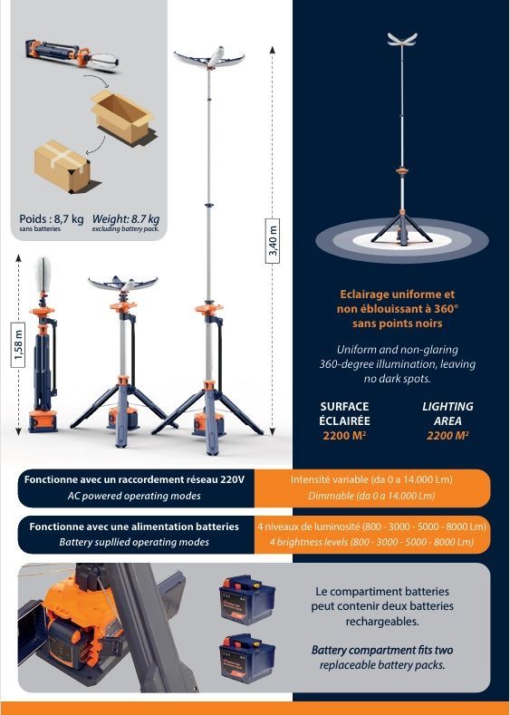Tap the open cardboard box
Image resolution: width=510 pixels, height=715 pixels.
[120, 114]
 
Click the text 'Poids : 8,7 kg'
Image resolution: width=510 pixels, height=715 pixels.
[51, 218]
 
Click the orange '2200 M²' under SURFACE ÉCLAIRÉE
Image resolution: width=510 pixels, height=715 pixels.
[344, 435]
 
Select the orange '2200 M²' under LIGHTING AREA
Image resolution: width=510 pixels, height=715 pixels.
[447, 435]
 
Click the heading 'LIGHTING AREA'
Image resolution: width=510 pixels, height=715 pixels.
[447, 414]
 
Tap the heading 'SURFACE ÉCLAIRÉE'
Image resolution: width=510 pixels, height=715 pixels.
[344, 414]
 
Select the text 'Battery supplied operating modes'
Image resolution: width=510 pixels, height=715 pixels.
[134, 542]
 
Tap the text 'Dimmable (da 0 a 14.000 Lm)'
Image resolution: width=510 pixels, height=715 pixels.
[371, 496]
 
